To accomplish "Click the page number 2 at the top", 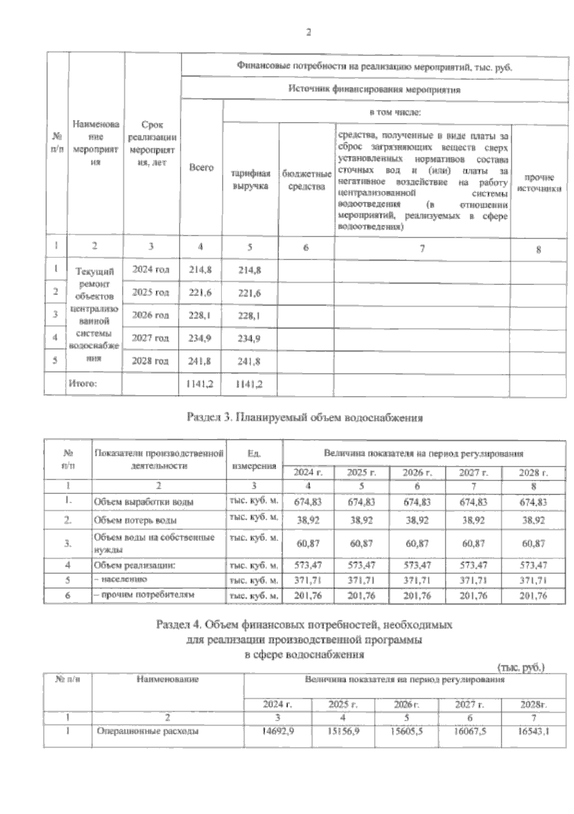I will (x=309, y=33).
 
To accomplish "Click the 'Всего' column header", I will (x=201, y=168).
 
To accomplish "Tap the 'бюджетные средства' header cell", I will (x=307, y=180).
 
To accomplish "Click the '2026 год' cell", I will (x=151, y=315).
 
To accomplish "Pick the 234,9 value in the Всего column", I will (x=200, y=339).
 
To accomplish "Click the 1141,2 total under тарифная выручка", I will (x=249, y=384).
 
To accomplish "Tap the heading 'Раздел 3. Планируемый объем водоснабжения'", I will (x=304, y=418).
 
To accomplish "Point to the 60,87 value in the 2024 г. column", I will (x=308, y=544).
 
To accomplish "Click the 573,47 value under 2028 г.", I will (x=533, y=565).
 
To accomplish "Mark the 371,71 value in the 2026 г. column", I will (x=417, y=581).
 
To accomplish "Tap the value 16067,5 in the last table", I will (x=470, y=731).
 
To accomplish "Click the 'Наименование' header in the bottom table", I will (x=167, y=679).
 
